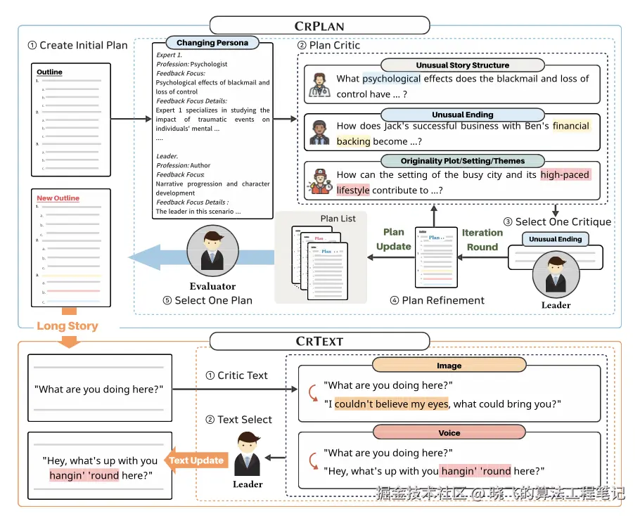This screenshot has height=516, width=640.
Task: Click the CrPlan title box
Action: [319, 26]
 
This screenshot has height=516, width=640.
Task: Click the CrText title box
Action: [319, 341]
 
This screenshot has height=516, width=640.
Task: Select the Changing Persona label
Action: [212, 43]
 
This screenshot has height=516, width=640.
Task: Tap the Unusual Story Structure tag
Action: [462, 65]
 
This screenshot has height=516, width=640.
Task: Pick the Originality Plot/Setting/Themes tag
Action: [462, 161]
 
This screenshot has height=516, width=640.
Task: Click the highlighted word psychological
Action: [391, 79]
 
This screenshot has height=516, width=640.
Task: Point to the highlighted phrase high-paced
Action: [565, 175]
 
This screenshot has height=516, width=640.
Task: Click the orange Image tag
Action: [449, 366]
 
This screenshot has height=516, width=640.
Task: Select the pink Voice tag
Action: [449, 433]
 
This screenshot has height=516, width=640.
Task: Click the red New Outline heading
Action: [58, 198]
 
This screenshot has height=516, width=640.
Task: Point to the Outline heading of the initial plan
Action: [49, 72]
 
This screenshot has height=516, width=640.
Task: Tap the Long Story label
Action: [68, 326]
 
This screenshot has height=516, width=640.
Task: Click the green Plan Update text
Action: [394, 239]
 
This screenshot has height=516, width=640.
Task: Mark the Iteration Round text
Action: [482, 240]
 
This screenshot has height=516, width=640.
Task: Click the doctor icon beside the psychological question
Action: [320, 85]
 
